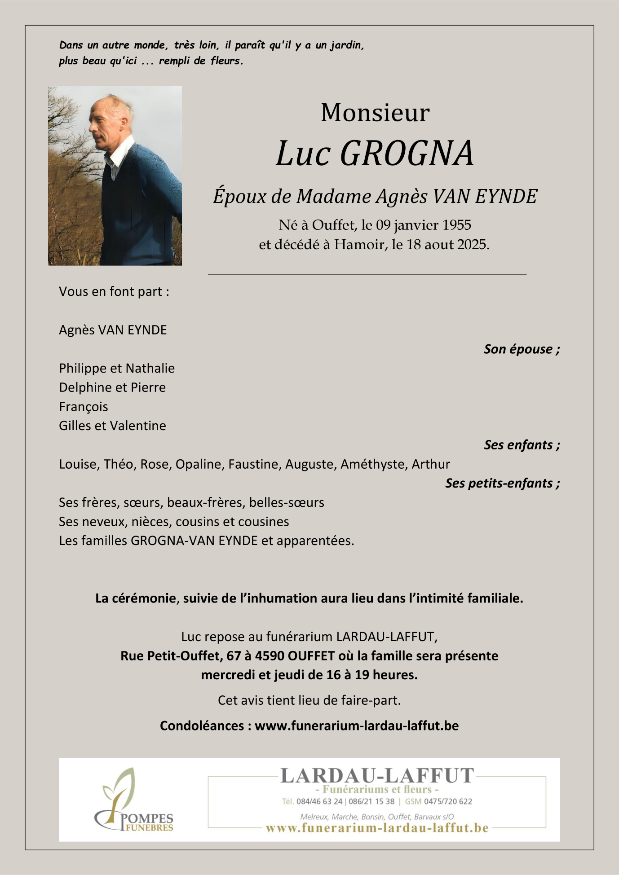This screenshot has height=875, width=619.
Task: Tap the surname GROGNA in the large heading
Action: coord(407,154)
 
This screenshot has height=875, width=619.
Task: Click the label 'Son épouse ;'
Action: coord(522,349)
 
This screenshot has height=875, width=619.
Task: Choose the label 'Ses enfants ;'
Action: coord(522,444)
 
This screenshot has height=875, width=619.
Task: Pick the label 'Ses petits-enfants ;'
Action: coord(502,483)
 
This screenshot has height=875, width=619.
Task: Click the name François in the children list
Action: coord(84,406)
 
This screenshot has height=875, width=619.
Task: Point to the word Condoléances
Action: coord(202,726)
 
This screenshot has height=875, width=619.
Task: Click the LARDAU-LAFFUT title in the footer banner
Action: coord(377,776)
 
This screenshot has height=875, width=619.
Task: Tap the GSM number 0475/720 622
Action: coord(448,801)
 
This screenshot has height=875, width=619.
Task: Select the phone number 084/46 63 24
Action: coord(319,801)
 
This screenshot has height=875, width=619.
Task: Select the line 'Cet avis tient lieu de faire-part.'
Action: coord(309,700)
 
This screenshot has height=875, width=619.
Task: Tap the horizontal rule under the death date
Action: coord(367,274)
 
